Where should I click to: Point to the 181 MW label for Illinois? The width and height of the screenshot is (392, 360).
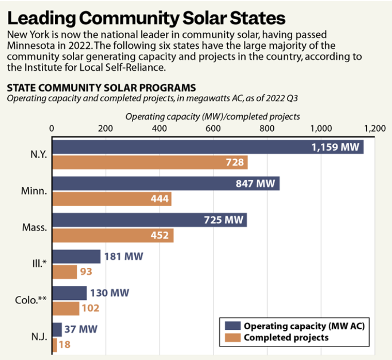pos(124,256)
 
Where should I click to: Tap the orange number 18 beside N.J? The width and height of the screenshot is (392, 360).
pos(65,345)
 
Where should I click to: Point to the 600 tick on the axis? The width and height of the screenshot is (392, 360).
pos(213,129)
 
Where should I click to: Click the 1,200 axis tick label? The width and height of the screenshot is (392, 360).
pos(374,129)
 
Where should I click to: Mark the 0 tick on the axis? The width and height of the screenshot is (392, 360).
pos(52,129)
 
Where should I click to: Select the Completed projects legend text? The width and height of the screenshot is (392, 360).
pos(286,337)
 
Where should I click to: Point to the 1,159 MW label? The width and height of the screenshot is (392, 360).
pos(335,147)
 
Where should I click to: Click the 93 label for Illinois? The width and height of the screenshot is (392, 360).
pos(86,272)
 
